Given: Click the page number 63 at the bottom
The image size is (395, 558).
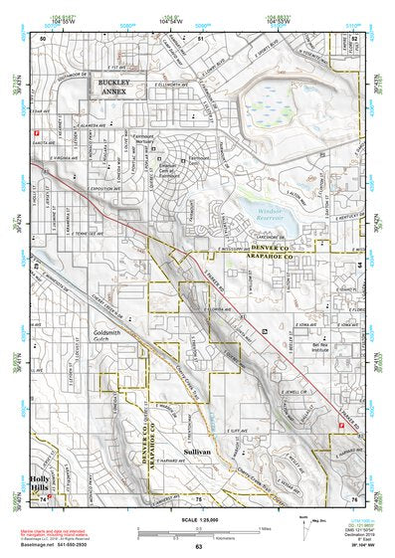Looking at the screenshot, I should [198, 548].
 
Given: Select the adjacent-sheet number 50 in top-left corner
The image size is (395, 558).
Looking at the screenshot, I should [43, 37].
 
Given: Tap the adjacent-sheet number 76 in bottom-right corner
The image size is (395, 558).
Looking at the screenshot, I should [353, 496].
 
